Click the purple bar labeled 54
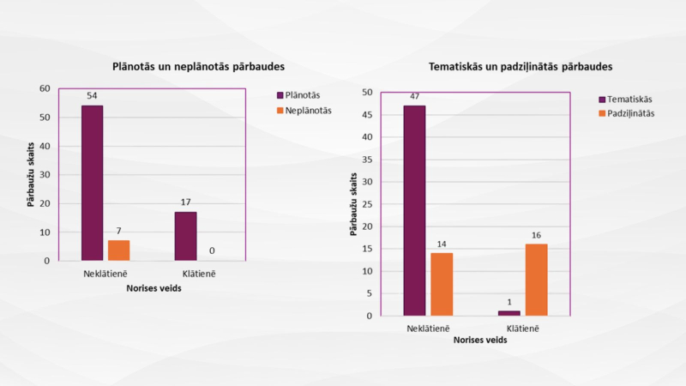tap(93, 183)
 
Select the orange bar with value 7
tap(118, 250)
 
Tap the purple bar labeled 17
tap(185, 236)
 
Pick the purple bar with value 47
tap(415, 210)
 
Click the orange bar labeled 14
tap(442, 284)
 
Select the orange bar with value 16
tap(536, 280)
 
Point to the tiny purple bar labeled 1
tap(509, 313)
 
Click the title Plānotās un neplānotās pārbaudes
tap(199, 66)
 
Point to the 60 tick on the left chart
tap(44, 88)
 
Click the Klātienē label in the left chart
tap(197, 274)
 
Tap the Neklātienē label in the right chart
tap(429, 329)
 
